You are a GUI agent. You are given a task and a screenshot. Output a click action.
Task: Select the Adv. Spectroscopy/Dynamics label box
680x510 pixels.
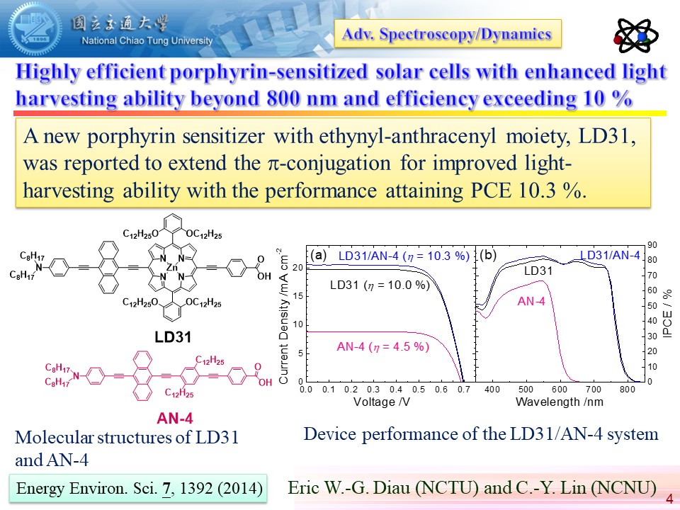[x=448, y=33]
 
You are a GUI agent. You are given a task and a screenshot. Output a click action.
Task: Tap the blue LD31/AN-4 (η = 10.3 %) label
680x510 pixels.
[x=404, y=256]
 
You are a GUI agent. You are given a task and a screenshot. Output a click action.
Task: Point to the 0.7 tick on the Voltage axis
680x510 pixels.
[x=463, y=390]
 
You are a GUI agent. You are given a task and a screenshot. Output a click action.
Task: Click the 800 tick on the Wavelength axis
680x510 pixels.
[x=627, y=390]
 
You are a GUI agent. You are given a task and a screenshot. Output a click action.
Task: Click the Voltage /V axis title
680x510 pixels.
[x=384, y=402]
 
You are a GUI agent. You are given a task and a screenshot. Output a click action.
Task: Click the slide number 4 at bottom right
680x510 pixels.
[x=669, y=499]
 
